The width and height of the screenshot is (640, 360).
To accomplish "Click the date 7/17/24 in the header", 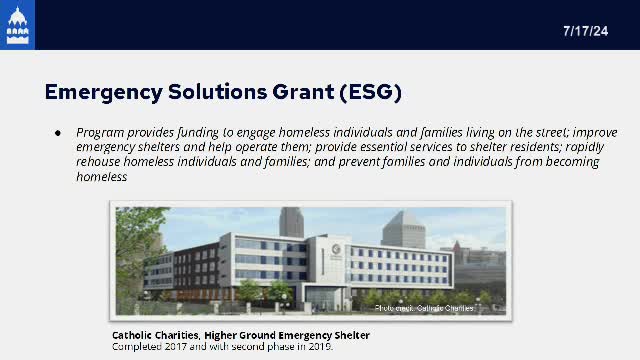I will point(587,31).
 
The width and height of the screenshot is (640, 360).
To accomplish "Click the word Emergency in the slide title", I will point(106,93).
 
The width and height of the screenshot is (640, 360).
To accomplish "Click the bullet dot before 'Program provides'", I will point(57,133).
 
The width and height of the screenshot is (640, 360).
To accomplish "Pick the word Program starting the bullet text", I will point(99,133).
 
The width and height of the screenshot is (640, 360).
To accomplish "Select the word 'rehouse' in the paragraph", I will point(99,162).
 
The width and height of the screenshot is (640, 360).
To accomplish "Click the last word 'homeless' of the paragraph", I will point(102,177).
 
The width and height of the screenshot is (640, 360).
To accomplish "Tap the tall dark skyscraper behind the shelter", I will point(291,222).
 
